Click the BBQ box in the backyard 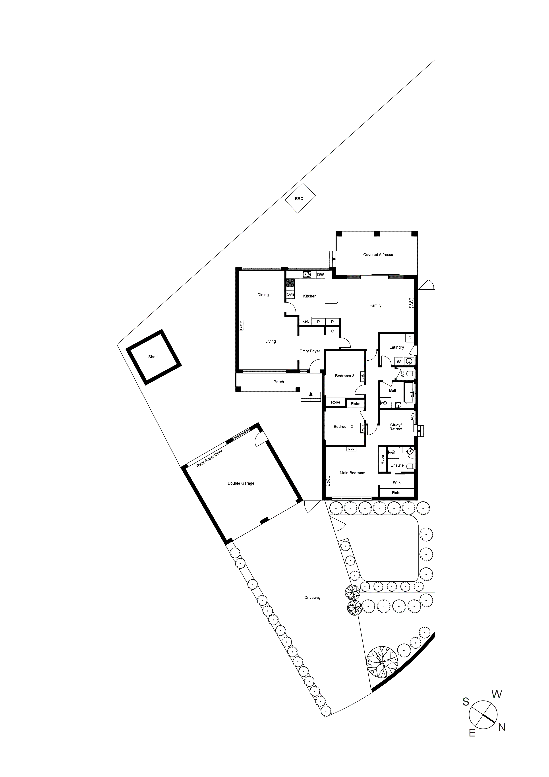(x=300, y=198)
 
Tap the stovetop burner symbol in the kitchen (x=290, y=283)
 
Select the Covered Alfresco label (x=378, y=254)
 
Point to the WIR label (x=396, y=482)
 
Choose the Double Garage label (x=241, y=483)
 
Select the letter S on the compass (x=466, y=702)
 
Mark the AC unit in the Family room (x=411, y=303)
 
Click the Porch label (x=278, y=382)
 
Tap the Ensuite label (x=397, y=465)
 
